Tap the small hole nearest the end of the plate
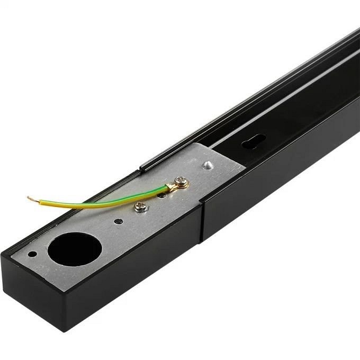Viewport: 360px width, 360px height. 33,254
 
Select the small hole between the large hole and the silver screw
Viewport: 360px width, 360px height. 119,221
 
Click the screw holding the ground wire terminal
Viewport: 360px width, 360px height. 182,184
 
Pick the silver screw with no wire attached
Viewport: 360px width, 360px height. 140,206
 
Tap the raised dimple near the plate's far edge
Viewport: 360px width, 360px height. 208,165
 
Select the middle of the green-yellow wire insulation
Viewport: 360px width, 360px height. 101,200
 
